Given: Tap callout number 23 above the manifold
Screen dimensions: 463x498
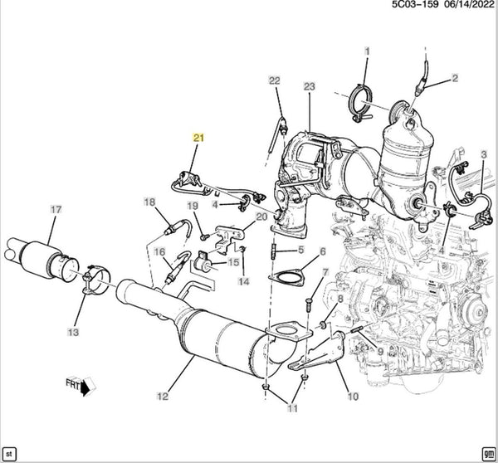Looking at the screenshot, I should click(x=310, y=86).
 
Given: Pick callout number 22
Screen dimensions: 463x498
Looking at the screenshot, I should click(x=275, y=80).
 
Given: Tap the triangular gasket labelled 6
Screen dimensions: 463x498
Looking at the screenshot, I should click(x=286, y=277).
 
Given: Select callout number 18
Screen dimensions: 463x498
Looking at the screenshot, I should click(x=149, y=202).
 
